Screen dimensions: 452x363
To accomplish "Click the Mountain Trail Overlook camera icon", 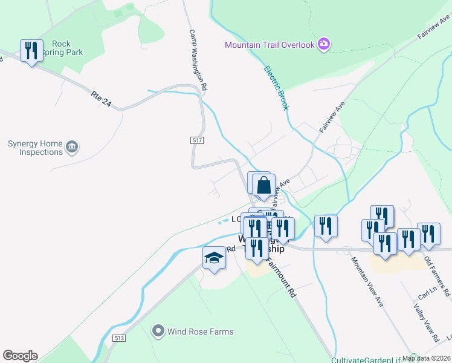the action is pyautogui.click(x=324, y=44).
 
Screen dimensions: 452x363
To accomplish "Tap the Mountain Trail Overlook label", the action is pyautogui.click(x=270, y=45).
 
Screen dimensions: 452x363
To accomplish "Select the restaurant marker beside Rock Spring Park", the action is pyautogui.click(x=31, y=50).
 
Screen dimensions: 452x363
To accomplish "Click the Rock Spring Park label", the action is pyautogui.click(x=67, y=48).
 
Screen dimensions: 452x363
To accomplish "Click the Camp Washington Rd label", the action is pyautogui.click(x=198, y=60).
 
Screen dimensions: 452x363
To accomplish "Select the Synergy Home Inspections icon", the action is pyautogui.click(x=72, y=146).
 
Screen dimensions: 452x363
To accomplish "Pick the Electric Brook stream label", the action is pyautogui.click(x=276, y=87).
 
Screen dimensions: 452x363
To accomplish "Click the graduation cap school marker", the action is pyautogui.click(x=213, y=258).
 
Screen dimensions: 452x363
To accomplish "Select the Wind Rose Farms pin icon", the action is pyautogui.click(x=158, y=331).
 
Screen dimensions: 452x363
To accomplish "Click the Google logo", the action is pyautogui.click(x=20, y=356).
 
